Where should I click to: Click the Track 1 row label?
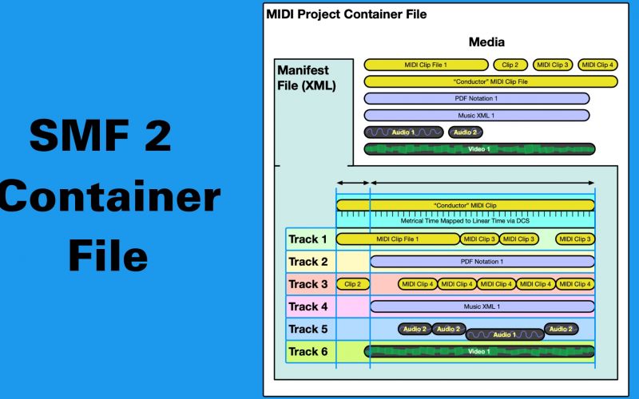308,239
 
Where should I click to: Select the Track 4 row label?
308,306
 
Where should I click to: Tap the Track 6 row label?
308,351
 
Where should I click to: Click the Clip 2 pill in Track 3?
353,284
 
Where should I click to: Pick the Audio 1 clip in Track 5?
503,334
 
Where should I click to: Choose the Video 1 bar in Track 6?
479,351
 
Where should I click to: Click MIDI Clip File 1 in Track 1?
398,239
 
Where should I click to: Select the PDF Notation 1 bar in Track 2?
482,262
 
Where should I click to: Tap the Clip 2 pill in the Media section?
510,65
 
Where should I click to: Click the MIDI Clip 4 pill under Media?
597,65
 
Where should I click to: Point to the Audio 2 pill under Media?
465,132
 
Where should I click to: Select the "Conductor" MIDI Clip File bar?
490,81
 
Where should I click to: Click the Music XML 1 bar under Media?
476,116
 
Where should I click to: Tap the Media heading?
486,42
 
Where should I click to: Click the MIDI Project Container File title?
346,14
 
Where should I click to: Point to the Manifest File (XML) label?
307,77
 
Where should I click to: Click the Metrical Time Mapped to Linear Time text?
465,220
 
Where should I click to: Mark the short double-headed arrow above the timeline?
353,184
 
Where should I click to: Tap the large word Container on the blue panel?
109,196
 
